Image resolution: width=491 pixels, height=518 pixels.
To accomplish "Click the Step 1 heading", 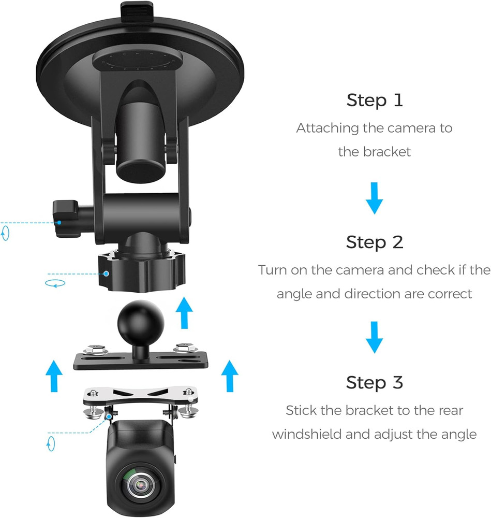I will click(x=374, y=100).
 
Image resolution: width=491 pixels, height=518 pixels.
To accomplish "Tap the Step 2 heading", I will click(x=374, y=242).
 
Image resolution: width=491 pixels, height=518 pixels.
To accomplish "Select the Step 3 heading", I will click(x=374, y=383).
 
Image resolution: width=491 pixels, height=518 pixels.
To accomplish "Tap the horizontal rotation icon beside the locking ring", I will click(x=53, y=283).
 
